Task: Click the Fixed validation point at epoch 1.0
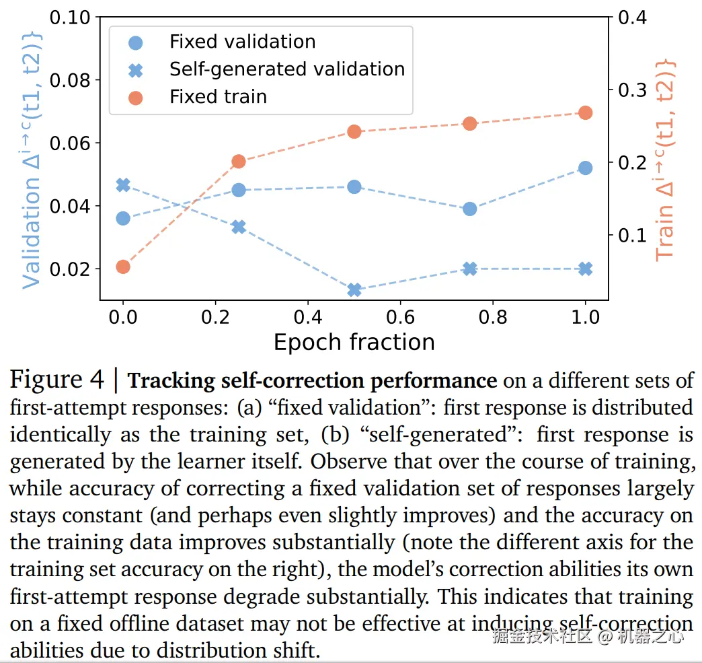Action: pos(585,168)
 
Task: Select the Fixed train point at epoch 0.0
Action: pos(122,267)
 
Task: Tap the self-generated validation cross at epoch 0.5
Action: pos(354,290)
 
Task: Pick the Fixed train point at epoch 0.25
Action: pos(238,162)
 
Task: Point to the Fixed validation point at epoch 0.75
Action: pos(470,209)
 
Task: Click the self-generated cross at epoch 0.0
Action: pos(122,185)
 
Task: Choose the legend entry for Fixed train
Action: pos(218,97)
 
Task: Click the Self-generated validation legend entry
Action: pos(286,69)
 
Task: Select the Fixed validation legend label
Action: pos(242,41)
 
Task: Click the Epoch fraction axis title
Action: pos(354,342)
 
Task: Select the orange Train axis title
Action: pos(664,160)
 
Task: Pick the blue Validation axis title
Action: pos(32,160)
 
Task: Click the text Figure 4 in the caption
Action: pos(57,380)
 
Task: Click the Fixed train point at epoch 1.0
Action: pos(585,112)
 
